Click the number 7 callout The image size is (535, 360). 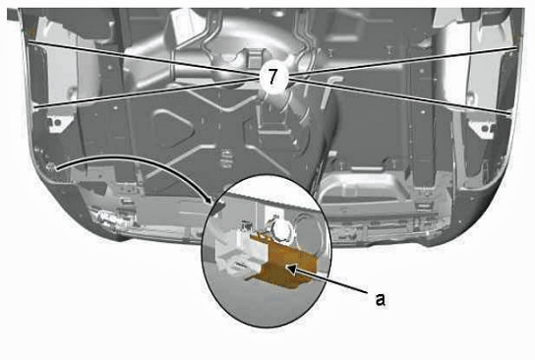point(272,77)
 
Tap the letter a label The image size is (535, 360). point(380,299)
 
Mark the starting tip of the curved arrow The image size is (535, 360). point(57,169)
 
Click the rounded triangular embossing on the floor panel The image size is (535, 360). point(173,127)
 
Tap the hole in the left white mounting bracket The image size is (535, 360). point(58,123)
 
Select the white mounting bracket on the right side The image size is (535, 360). point(482,127)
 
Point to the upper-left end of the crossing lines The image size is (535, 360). point(29,42)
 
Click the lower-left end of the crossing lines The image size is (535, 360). point(34,108)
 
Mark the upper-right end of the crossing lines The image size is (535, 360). point(516,48)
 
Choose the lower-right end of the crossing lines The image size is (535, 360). point(509,112)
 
